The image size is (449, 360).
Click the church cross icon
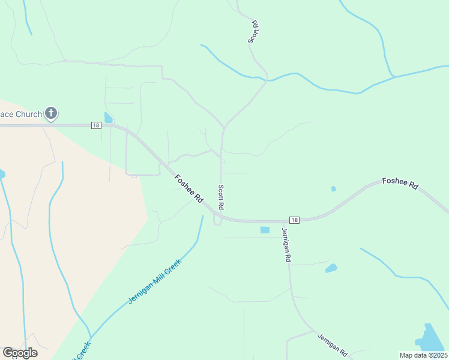coord(51,113)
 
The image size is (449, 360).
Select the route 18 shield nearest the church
coord(96,125)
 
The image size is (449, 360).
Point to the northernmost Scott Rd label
coord(253,32)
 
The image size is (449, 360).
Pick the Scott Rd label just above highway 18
coord(221,197)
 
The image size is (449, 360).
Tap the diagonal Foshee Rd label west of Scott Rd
coord(188,188)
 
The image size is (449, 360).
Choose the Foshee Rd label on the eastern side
coord(400,184)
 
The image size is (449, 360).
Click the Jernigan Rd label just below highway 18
coord(286,244)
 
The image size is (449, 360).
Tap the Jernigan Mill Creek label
coord(154,282)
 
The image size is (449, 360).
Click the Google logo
coord(20,353)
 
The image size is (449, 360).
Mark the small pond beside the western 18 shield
coord(108,118)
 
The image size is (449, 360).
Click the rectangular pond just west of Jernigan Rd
coord(265,230)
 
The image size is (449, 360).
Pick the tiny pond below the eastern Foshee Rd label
coord(333,189)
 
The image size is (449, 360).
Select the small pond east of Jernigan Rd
coord(331,268)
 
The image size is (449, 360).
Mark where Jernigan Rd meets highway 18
coord(282,221)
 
